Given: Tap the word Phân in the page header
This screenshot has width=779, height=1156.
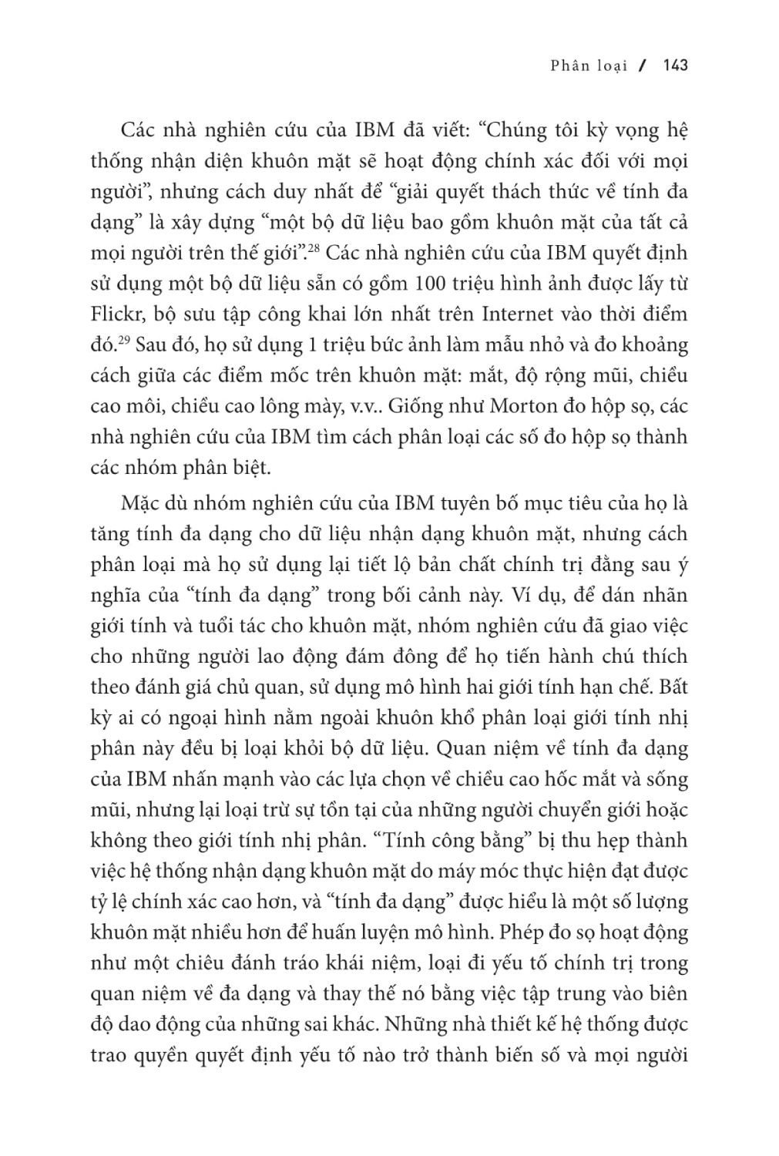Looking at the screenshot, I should (569, 66).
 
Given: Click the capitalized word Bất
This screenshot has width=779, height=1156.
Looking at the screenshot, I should (672, 687).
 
